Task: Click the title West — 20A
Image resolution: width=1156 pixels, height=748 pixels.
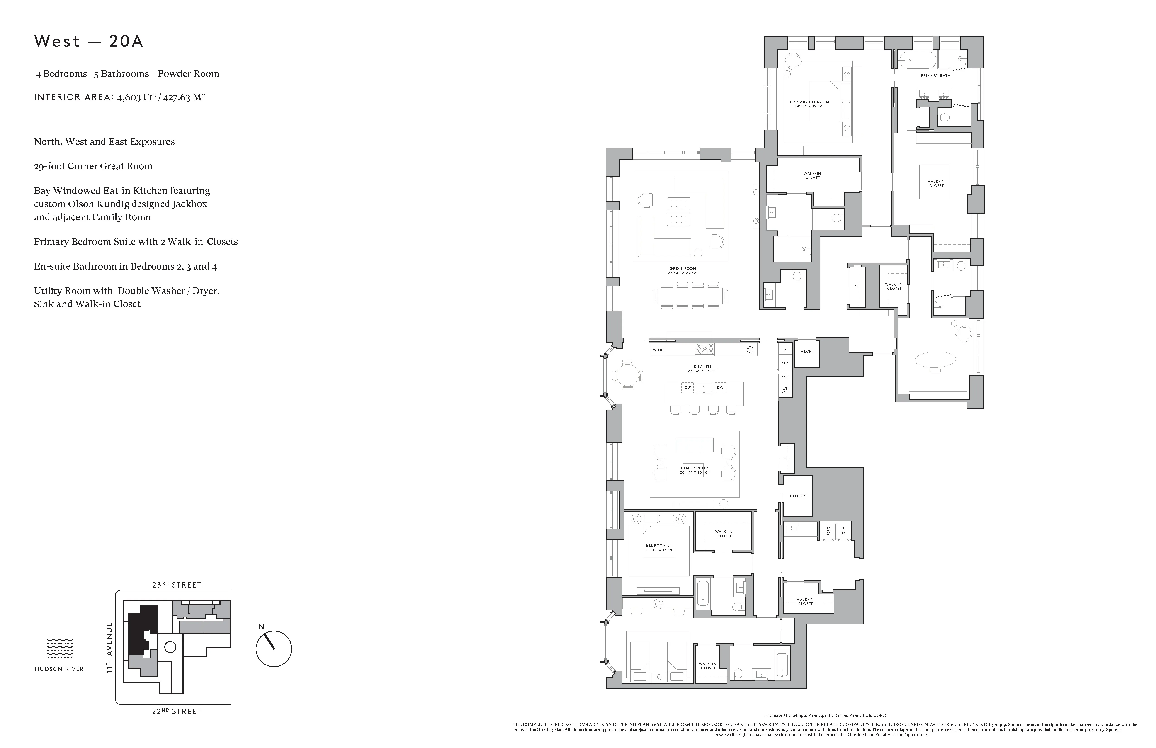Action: coord(89,41)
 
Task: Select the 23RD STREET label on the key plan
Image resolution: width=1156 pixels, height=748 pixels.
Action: coord(176,585)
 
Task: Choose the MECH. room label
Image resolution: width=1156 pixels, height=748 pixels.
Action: coord(806,351)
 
